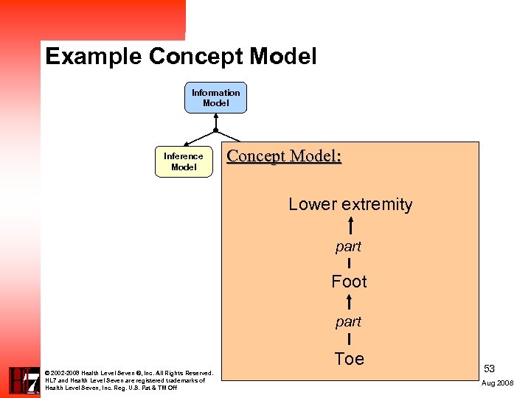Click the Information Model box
click(215, 98)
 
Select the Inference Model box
click(184, 162)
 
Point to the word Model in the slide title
click(283, 57)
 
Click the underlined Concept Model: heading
click(284, 156)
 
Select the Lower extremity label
click(350, 204)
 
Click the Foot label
click(349, 282)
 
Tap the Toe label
click(349, 359)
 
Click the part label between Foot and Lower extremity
click(348, 245)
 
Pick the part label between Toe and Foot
click(348, 322)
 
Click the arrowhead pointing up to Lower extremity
click(349, 222)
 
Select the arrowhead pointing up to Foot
click(349, 299)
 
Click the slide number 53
click(490, 368)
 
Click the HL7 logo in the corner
click(22, 381)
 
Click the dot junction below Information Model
click(215, 130)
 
